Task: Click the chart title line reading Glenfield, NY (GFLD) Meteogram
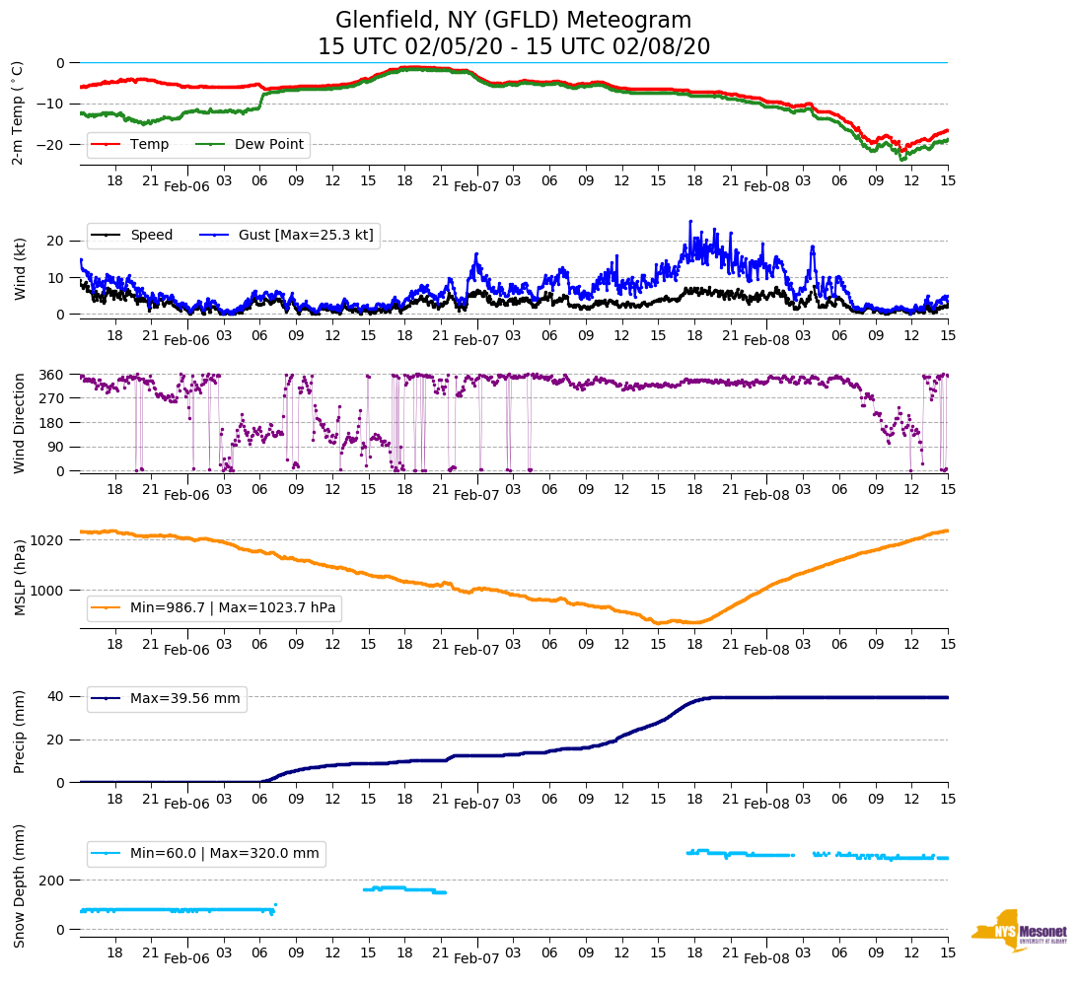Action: [513, 21]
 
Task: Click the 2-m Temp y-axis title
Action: [17, 111]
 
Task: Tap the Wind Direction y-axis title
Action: [19, 423]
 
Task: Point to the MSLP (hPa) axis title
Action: [19, 578]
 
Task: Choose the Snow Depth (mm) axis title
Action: [19, 885]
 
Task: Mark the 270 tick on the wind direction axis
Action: [52, 398]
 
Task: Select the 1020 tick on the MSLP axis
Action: [49, 540]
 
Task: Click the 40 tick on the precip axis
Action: [57, 696]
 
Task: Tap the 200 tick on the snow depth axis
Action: [53, 880]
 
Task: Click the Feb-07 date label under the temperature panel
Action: [476, 186]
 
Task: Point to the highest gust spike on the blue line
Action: [690, 221]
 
